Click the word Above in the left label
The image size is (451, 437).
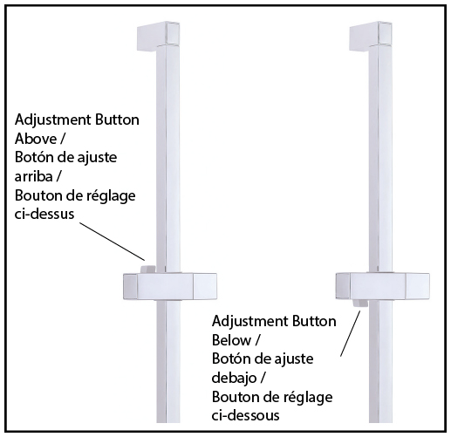[36, 139]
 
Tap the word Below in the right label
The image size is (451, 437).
[231, 340]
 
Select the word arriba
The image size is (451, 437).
[33, 176]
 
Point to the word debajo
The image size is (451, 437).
[235, 378]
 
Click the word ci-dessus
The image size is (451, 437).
[44, 214]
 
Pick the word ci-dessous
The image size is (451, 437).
[245, 415]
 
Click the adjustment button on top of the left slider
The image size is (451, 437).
[147, 270]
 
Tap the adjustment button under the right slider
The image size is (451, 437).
[360, 304]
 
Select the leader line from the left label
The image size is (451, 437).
[113, 242]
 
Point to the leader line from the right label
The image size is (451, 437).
[351, 333]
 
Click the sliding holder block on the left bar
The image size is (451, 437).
[170, 286]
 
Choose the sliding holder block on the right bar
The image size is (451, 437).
[383, 286]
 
